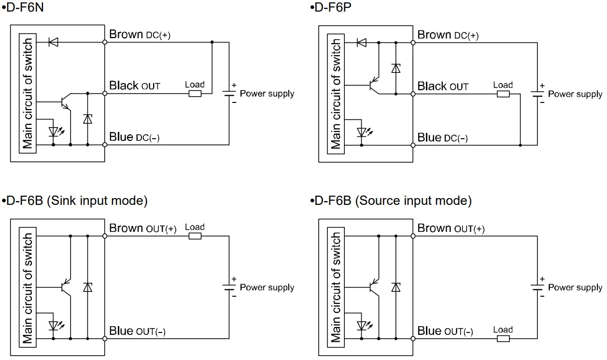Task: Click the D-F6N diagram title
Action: (25, 8)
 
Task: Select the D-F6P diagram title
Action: (333, 8)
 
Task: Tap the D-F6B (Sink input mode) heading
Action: (75, 201)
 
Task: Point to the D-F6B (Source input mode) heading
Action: (391, 201)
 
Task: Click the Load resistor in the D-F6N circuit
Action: (195, 93)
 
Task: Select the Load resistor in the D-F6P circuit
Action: (503, 94)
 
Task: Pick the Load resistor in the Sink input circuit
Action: (195, 236)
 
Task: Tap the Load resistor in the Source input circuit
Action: (503, 338)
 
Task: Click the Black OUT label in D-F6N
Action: (135, 86)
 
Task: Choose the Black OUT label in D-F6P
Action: (443, 86)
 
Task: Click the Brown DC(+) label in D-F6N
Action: (140, 35)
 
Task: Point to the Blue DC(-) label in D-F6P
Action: (442, 138)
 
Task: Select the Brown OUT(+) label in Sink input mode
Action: (143, 228)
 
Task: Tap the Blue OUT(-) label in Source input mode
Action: (445, 331)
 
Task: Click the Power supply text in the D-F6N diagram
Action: (267, 94)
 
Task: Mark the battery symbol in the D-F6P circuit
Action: (536, 94)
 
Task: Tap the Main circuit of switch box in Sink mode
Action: (28, 288)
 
